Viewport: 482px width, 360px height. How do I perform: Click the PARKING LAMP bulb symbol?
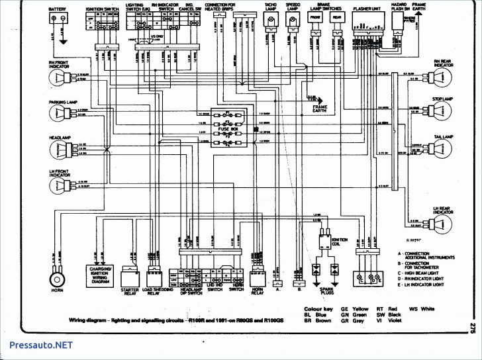pos(58,112)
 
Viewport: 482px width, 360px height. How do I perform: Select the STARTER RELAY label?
pos(128,292)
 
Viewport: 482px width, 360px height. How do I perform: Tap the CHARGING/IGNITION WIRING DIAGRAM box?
pos(99,272)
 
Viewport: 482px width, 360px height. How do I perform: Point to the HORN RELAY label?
pos(258,292)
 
